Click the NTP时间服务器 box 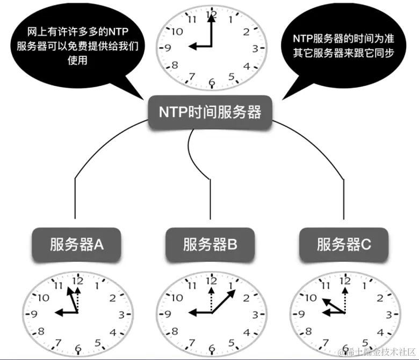tap(210, 112)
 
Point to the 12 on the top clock tap(212, 15)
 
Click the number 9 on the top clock tap(168, 48)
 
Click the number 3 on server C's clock tap(388, 314)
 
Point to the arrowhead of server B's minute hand tap(234, 293)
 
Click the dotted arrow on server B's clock tap(212, 298)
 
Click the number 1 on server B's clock tap(232, 285)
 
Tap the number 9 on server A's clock tap(35, 314)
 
